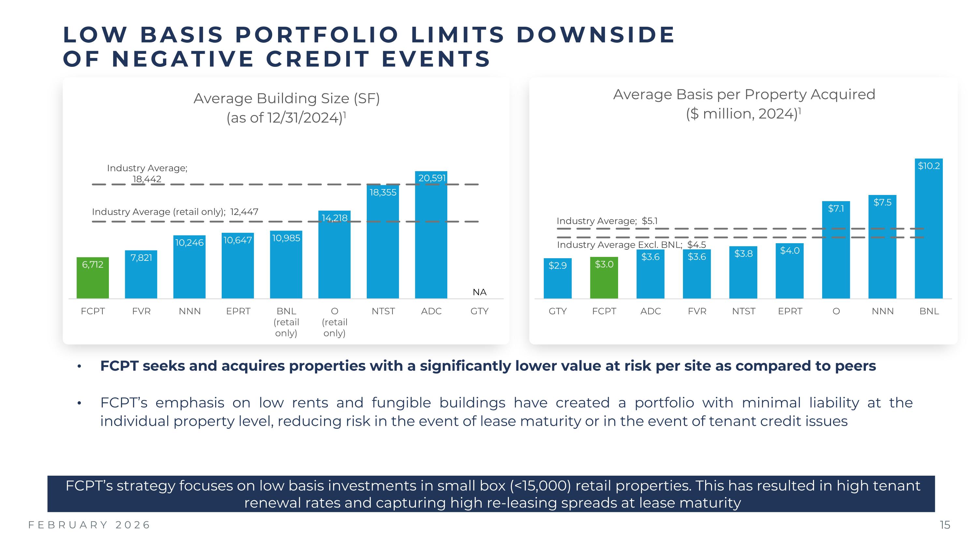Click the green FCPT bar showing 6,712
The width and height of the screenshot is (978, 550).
93,278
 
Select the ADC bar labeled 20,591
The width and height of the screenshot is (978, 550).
431,235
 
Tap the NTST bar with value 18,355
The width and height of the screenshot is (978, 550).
383,243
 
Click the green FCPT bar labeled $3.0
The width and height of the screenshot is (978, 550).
604,278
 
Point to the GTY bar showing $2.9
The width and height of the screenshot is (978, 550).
557,279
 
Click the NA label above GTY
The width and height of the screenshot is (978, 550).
480,292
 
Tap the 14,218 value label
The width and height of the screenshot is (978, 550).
334,218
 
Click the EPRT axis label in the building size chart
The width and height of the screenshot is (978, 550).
238,311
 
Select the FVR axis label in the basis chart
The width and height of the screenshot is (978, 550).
697,311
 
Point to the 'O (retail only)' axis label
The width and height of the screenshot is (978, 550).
334,322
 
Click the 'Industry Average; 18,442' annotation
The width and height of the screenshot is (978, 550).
147,173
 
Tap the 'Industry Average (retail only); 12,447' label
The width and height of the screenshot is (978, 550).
175,212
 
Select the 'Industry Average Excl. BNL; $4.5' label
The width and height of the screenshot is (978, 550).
631,245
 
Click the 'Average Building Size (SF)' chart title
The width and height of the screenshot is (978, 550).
287,99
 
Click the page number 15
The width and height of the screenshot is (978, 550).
945,525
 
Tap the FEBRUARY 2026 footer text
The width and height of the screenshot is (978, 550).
90,525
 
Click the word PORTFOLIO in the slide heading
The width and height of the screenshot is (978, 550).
317,35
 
